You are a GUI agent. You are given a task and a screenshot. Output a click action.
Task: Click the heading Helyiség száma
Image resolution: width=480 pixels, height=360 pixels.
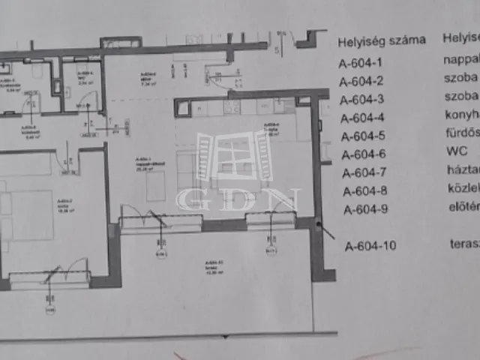pyautogui.click(x=382, y=40)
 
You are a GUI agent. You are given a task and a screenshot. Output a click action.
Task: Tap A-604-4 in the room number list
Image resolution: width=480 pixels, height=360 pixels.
pyautogui.click(x=363, y=118)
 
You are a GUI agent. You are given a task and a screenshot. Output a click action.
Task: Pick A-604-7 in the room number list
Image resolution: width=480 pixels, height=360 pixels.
pyautogui.click(x=364, y=173)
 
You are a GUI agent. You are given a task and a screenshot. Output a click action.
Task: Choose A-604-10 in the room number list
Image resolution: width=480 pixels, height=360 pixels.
pyautogui.click(x=369, y=245)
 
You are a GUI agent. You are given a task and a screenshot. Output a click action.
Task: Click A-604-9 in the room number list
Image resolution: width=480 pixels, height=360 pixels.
pyautogui.click(x=365, y=209)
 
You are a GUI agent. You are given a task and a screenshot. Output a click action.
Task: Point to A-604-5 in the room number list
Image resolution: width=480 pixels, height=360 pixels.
pyautogui.click(x=363, y=136)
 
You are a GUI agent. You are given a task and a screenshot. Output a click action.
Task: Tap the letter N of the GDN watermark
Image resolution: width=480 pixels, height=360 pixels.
pyautogui.click(x=286, y=200)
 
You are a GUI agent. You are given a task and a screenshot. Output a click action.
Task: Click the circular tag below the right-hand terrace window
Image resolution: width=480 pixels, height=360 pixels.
pyautogui.click(x=271, y=251)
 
